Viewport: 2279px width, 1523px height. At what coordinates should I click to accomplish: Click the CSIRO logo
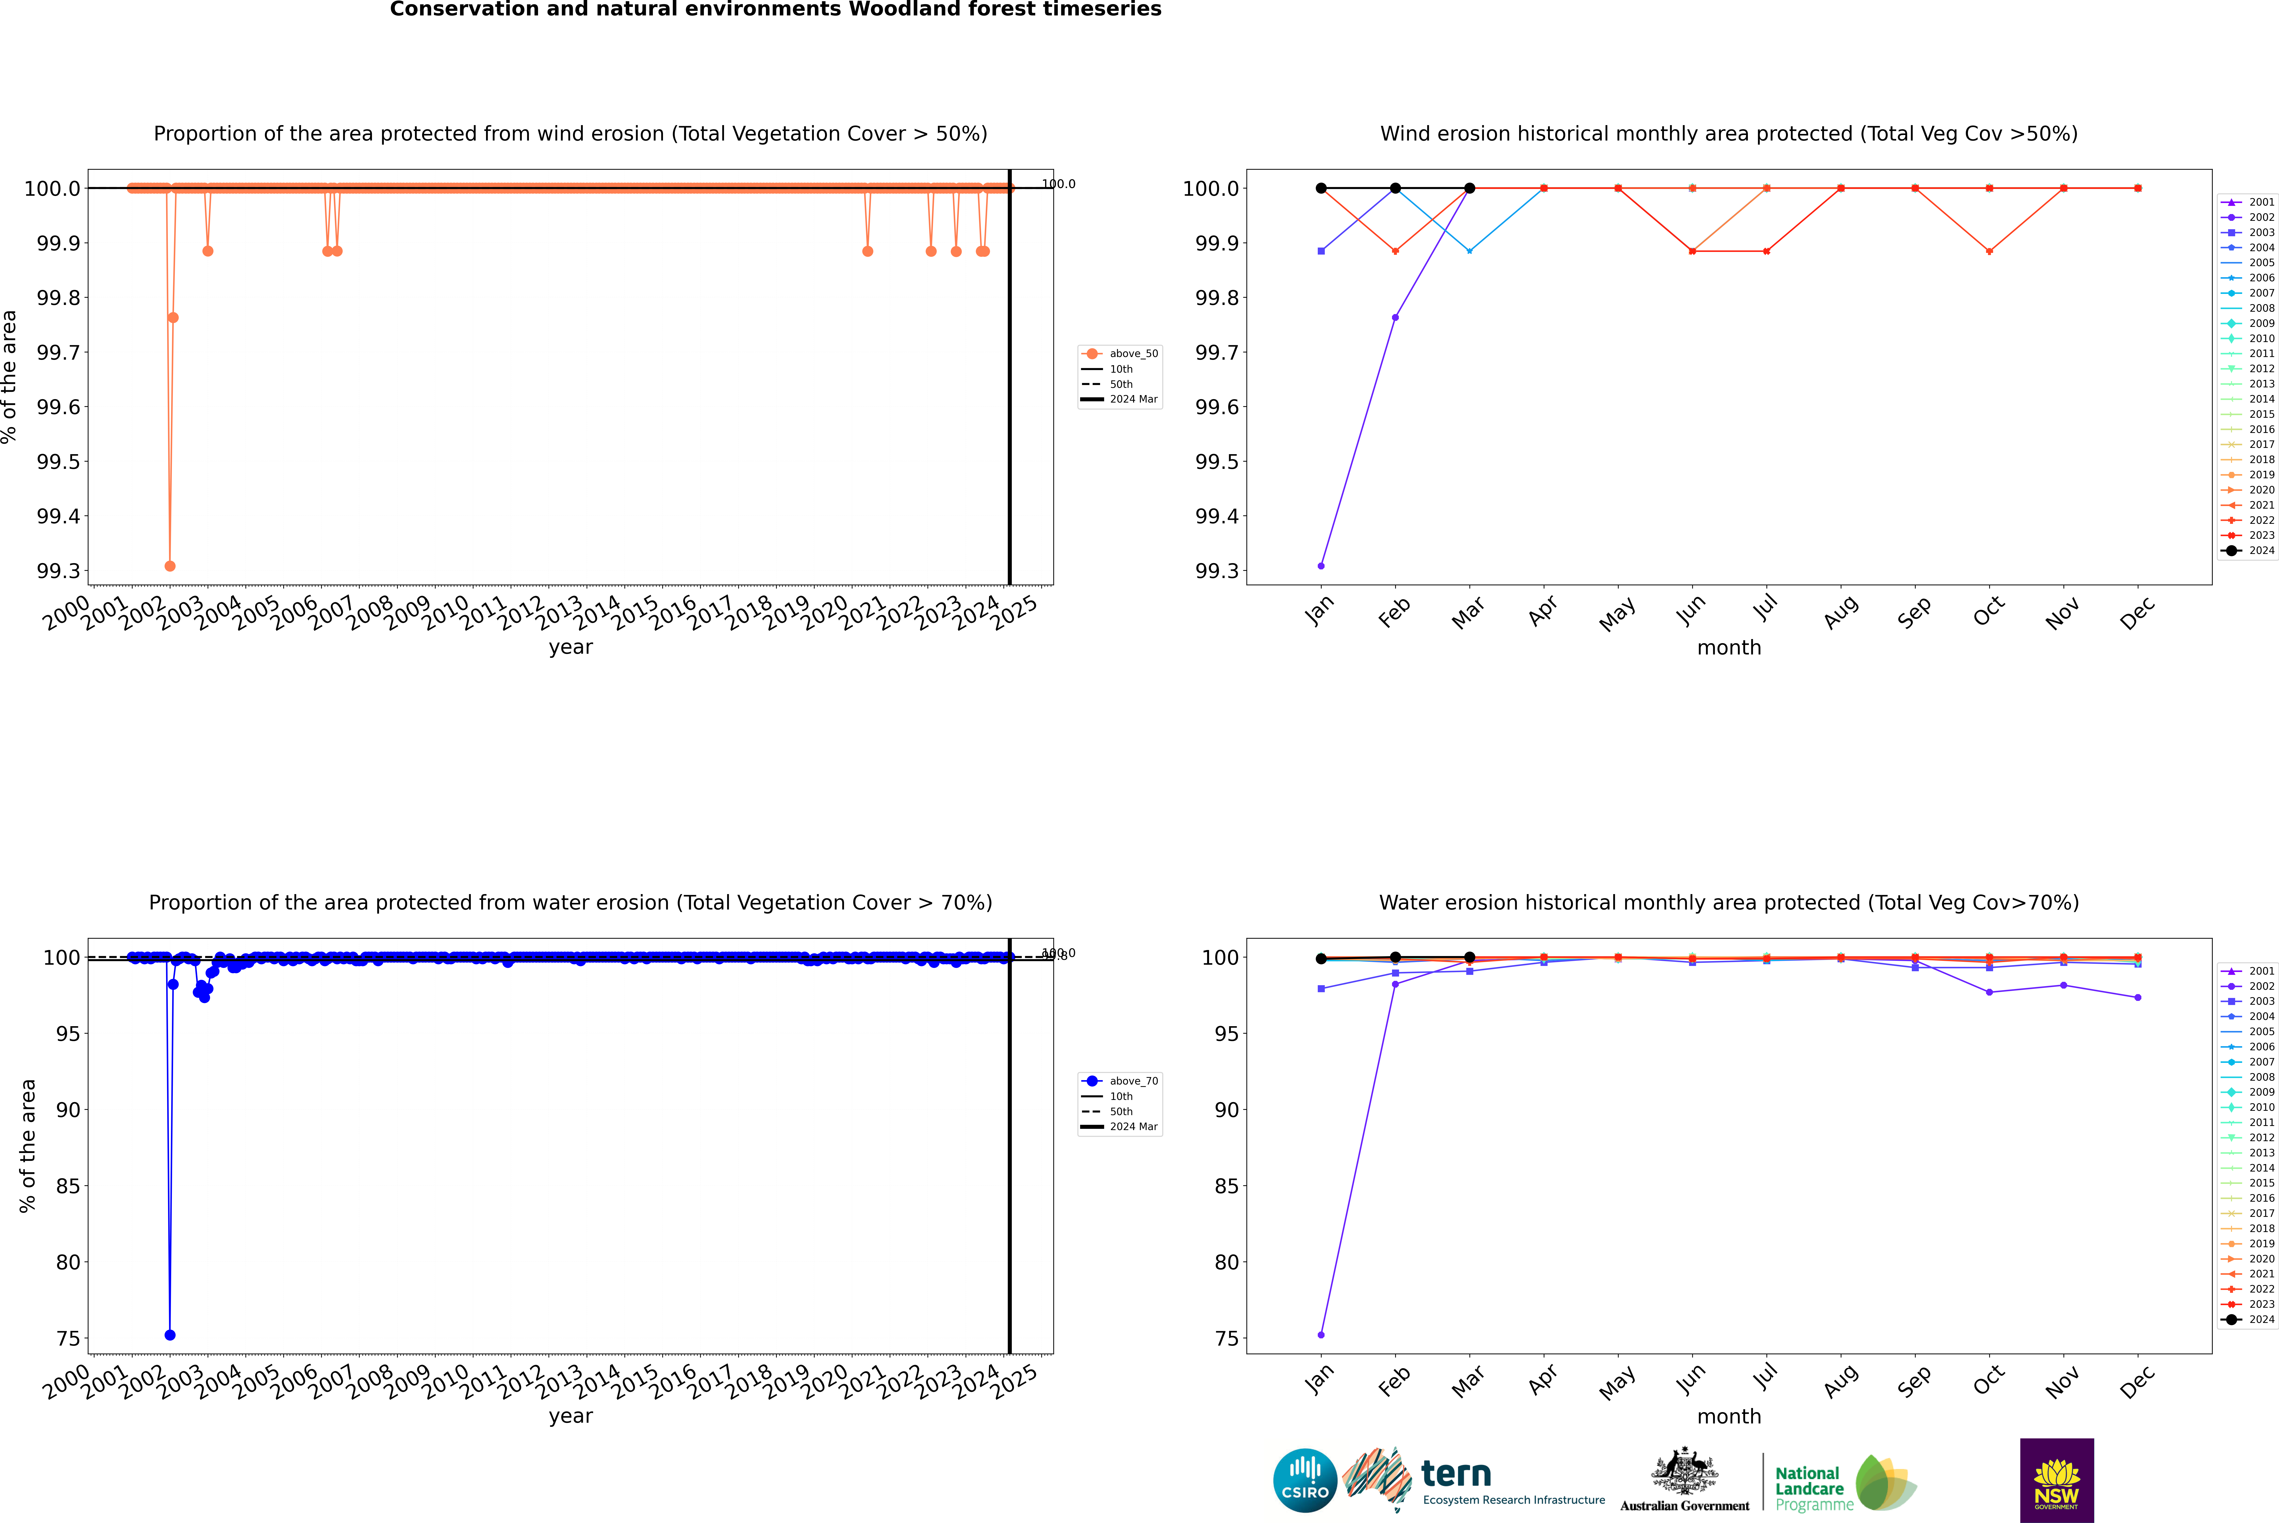(x=1305, y=1480)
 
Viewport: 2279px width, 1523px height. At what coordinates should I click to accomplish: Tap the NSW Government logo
(x=2056, y=1480)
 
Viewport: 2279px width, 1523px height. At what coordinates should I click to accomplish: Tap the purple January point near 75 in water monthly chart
(x=1321, y=1334)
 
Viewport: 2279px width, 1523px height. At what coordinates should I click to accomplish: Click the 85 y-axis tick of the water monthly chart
(x=1226, y=1186)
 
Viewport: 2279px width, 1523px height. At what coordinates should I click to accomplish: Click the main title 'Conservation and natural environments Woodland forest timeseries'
(x=775, y=10)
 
